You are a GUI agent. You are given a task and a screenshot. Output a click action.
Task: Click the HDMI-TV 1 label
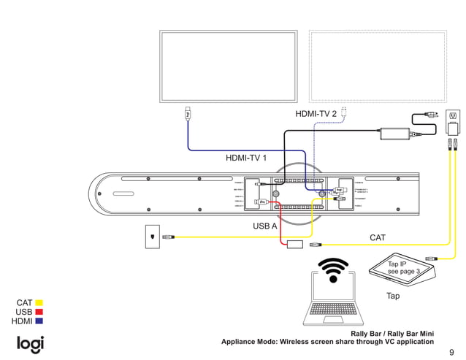(246, 158)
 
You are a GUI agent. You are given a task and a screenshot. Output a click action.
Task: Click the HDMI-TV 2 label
(316, 114)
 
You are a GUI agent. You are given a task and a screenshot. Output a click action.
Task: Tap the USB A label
(265, 226)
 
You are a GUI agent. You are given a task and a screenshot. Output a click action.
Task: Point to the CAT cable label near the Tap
(377, 237)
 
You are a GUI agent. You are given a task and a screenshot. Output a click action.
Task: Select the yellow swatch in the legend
(39, 302)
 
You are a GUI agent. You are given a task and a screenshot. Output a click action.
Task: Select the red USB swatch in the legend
(39, 312)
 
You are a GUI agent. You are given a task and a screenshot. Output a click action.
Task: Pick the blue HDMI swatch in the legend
(39, 321)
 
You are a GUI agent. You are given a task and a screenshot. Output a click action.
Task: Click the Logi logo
(31, 343)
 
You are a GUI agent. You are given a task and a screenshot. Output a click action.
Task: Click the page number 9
(451, 351)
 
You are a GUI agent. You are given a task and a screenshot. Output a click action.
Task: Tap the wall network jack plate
(152, 236)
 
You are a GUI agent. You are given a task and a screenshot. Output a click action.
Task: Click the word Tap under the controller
(392, 296)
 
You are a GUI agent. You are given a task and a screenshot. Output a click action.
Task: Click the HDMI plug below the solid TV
(188, 114)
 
